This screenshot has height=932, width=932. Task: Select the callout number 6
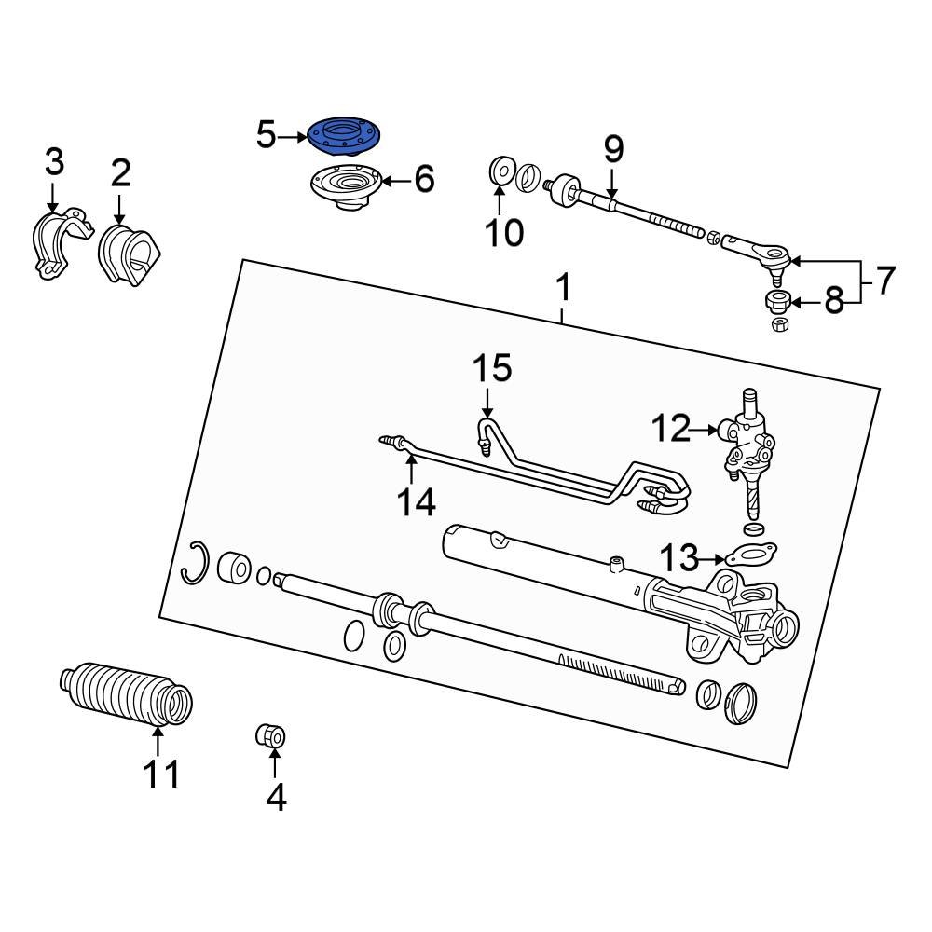(424, 179)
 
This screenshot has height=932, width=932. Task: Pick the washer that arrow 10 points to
(499, 171)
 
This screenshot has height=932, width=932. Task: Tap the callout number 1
(563, 290)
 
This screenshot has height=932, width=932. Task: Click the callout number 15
(491, 368)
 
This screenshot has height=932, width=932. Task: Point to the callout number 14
(416, 502)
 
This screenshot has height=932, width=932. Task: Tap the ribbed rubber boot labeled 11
(127, 694)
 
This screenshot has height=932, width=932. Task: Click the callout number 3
(54, 162)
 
